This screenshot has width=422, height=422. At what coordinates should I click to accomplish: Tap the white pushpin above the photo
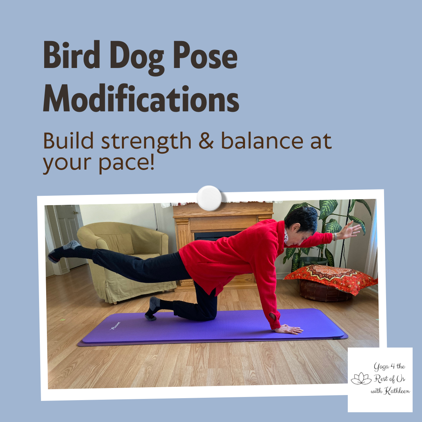[x=209, y=198]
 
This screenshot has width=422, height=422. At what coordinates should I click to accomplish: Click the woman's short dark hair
[x=302, y=220]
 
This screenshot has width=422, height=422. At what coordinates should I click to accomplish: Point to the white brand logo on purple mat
[x=116, y=324]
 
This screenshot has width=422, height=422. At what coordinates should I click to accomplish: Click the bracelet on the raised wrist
[x=335, y=236]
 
